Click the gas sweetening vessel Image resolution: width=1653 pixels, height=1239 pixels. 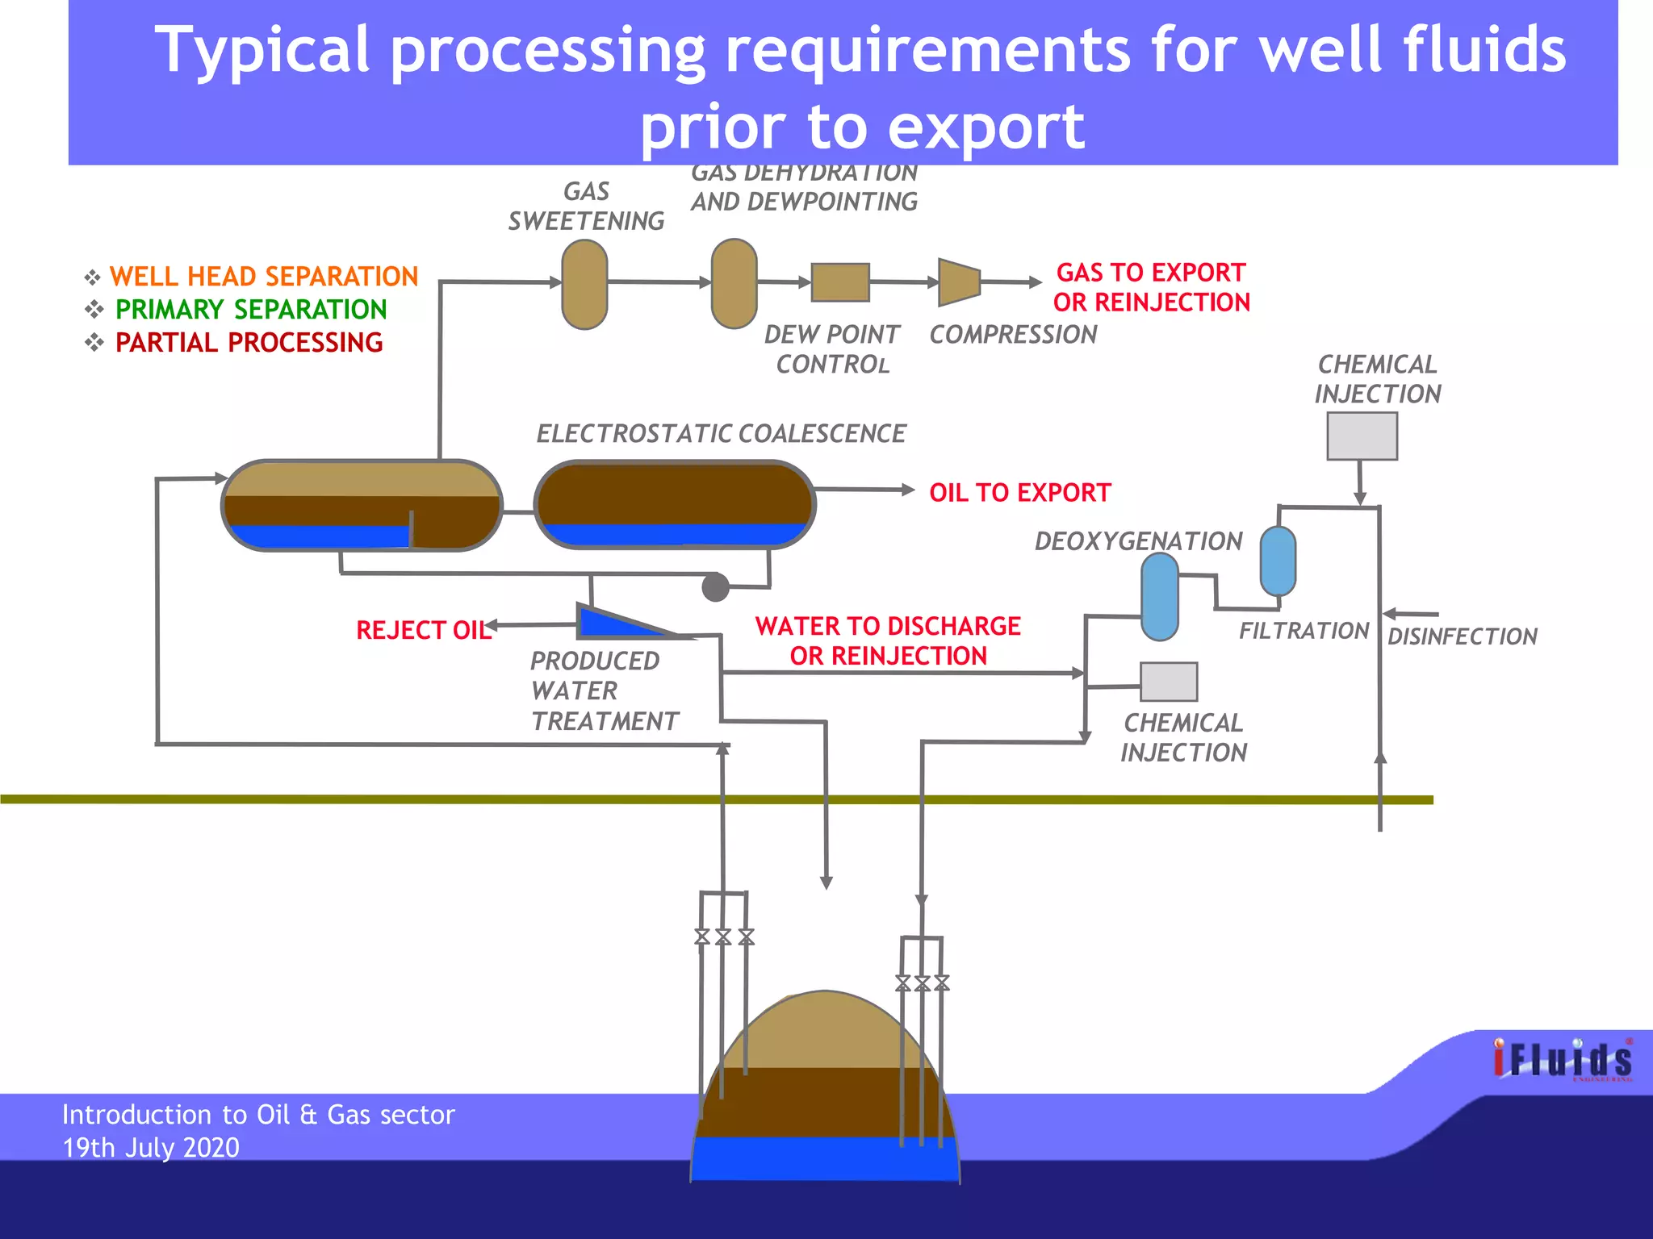[584, 285]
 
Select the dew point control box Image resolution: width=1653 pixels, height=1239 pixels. [840, 282]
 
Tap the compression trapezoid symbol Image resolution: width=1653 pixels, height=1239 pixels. [959, 282]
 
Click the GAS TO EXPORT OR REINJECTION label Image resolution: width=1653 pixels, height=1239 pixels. [1151, 287]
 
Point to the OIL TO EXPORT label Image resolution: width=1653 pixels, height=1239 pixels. [1019, 492]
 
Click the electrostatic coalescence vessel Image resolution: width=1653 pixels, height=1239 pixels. [675, 504]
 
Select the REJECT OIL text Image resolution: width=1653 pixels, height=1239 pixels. [423, 630]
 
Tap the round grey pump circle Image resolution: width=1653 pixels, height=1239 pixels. [715, 587]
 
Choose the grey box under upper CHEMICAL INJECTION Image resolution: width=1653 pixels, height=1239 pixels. [1362, 436]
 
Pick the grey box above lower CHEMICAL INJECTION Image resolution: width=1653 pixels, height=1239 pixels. [1168, 682]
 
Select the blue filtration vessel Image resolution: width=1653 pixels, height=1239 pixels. [1278, 561]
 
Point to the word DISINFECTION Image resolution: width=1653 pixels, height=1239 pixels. [1462, 636]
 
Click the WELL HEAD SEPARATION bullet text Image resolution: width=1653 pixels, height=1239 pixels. [263, 277]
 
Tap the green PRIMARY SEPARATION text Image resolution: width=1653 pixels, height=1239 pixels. [250, 310]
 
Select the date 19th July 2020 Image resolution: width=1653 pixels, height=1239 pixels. [151, 1147]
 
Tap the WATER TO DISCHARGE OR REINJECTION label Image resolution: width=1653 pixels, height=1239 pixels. [888, 640]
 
